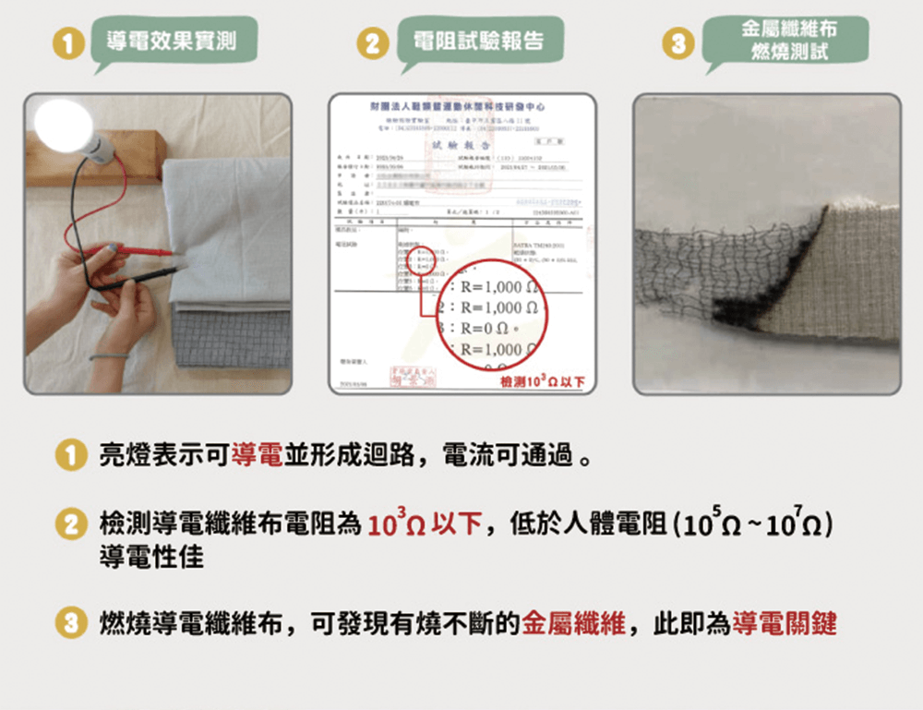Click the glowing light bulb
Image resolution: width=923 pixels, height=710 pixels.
63,125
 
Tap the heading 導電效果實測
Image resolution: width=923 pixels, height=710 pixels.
171,42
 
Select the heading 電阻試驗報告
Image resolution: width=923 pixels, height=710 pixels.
477,42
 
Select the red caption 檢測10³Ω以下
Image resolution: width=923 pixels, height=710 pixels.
541,382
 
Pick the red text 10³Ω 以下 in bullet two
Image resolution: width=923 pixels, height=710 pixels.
425,526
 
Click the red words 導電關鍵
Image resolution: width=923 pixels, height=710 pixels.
784,624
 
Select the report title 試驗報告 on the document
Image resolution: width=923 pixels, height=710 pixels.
462,146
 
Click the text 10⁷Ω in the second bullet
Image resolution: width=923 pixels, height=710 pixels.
801,526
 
